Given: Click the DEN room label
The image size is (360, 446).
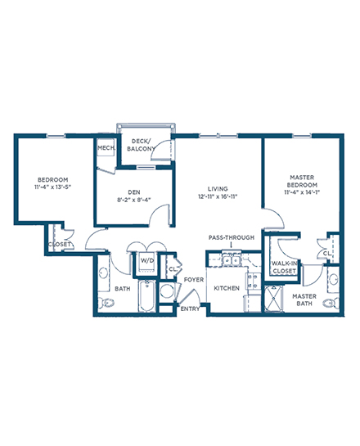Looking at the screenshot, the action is tap(133, 192).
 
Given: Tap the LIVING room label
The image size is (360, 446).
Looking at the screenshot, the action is tap(218, 189).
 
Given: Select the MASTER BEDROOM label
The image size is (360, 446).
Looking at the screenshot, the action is tap(302, 181).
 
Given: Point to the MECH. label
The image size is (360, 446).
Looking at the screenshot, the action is tap(106, 148).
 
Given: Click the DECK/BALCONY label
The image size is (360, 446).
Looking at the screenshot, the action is tap(141, 145).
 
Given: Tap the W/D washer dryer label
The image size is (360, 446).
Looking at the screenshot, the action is tap(147, 260).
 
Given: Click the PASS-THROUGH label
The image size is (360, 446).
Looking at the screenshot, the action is tap(232, 237).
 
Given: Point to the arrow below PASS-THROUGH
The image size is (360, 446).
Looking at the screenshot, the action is tap(232, 245).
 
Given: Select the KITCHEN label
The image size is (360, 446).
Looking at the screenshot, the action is tap(227, 288).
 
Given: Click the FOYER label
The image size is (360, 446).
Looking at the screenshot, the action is tap(194, 280).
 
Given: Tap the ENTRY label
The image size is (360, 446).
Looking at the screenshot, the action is tap(190, 309).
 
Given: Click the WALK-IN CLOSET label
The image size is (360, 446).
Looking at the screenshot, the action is tap(284, 268).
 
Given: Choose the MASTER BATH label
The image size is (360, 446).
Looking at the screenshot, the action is tap(304, 300).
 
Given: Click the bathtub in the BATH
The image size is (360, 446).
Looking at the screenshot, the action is tap(146, 295).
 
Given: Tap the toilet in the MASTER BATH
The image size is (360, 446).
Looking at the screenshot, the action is tap(331, 304).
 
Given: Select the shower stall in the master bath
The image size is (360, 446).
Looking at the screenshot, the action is tap(273, 299).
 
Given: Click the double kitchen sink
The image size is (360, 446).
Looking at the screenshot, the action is tap(232, 260).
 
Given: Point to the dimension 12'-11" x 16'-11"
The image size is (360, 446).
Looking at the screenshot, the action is tap(218, 196).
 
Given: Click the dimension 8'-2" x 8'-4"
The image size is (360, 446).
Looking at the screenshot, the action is tap(133, 200).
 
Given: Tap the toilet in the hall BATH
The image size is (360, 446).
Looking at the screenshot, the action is tap(106, 303).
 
